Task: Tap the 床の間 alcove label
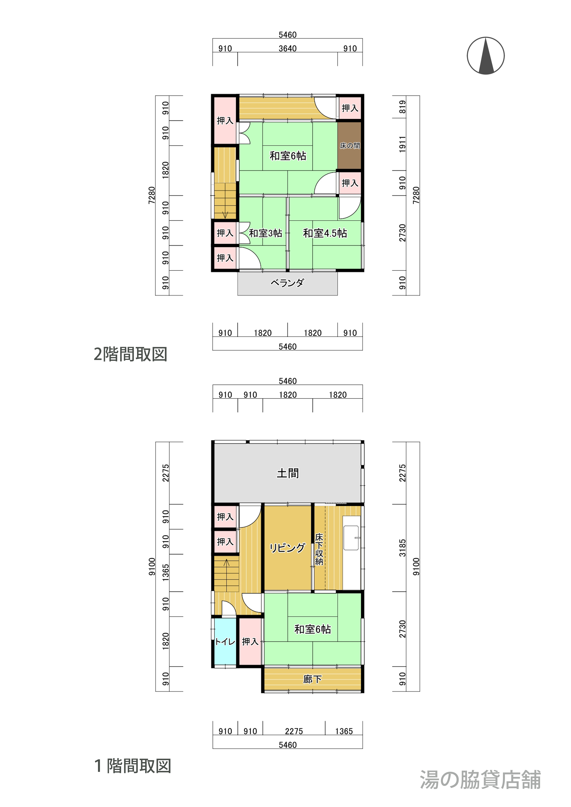tap(350, 146)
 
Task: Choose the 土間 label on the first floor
tap(288, 473)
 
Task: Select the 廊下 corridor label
tap(313, 679)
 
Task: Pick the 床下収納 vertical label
tap(319, 549)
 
